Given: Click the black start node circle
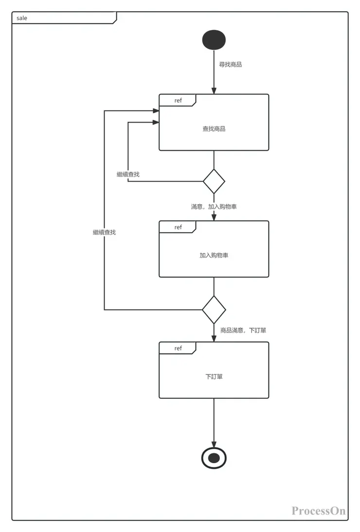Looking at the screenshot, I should coord(214,40).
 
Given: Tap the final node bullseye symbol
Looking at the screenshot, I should coord(214,458).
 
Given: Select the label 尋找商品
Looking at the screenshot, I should coord(231,64).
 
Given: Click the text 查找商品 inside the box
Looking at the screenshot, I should coord(214,129).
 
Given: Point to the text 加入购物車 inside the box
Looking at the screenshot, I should coord(214,255).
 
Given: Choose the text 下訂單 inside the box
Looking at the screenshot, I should coord(214,376).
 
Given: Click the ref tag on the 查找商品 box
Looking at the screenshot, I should coord(178,100).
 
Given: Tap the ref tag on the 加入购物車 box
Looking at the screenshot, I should coord(178,227).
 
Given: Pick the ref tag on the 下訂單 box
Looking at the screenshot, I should coord(178,348).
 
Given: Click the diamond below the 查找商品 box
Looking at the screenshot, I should coord(214,181).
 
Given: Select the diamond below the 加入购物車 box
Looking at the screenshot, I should coord(214,309).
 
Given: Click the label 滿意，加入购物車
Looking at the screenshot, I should coord(214,207).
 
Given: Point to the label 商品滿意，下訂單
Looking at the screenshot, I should coord(243,330).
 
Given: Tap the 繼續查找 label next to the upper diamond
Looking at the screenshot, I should coord(128,174).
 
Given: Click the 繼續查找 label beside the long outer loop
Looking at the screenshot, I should coord(104,232).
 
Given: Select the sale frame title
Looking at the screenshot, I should coord(22,18).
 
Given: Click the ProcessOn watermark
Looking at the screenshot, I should coord(319,511).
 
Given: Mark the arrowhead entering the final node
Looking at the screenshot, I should coord(214,443).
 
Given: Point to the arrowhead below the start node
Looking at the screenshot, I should coord(214,91).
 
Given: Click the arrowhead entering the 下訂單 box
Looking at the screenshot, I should coord(214,338).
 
